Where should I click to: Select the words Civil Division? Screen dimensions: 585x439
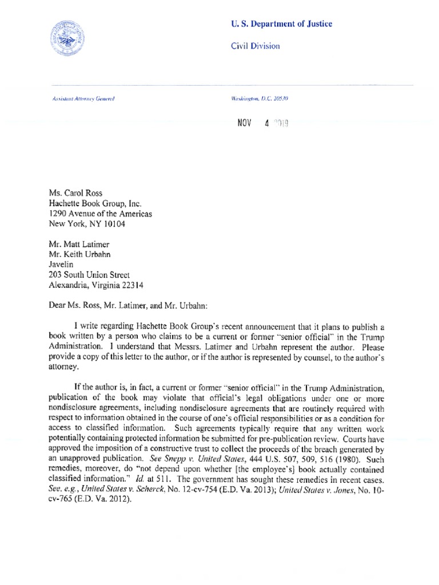pyautogui.click(x=255, y=46)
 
